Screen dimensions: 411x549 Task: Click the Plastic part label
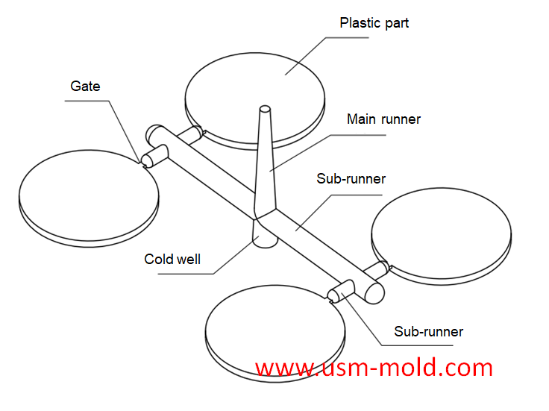coord(374,23)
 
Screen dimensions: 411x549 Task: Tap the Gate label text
coord(85,87)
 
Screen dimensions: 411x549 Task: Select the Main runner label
coord(383,119)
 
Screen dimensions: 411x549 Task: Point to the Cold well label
coord(172,260)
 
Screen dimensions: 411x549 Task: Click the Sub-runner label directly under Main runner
coord(351,179)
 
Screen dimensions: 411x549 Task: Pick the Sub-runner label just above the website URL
coord(428,331)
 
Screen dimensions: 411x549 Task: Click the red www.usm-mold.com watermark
coord(374,368)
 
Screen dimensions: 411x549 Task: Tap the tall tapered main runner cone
coord(265,164)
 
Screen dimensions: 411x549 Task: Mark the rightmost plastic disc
coord(442,236)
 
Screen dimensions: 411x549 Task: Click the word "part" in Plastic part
coord(395,23)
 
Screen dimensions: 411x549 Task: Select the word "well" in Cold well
coord(187,260)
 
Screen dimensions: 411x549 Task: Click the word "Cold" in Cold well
coord(158,260)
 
